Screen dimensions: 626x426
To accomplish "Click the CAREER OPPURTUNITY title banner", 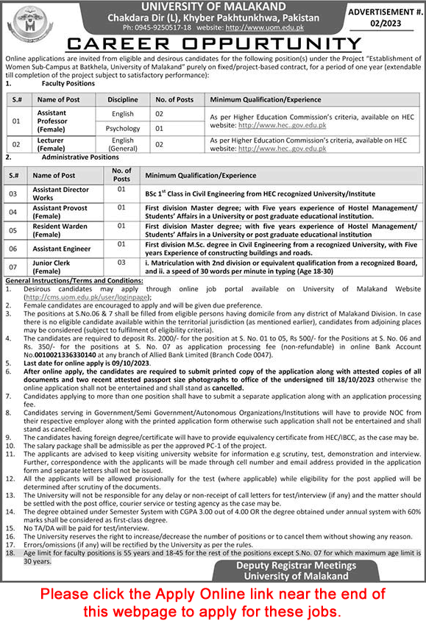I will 213,44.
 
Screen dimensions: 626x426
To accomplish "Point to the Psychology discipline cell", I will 123,128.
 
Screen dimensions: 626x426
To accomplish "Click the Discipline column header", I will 122,99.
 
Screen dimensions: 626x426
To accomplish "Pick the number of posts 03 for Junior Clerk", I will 121,262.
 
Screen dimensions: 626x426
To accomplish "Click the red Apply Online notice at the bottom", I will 213,601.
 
